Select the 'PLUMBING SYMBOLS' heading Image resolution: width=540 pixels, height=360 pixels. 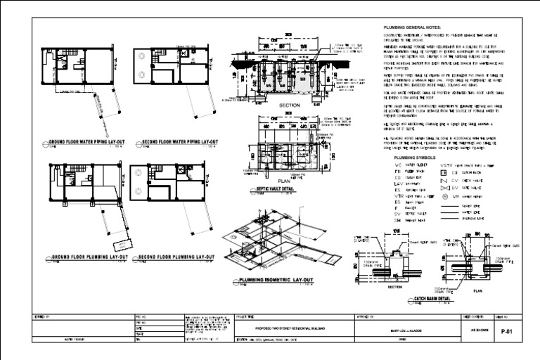tap(416, 157)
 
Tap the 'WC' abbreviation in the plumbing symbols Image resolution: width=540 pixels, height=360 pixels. tap(397, 165)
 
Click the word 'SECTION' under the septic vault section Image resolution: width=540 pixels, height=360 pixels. tap(290, 105)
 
